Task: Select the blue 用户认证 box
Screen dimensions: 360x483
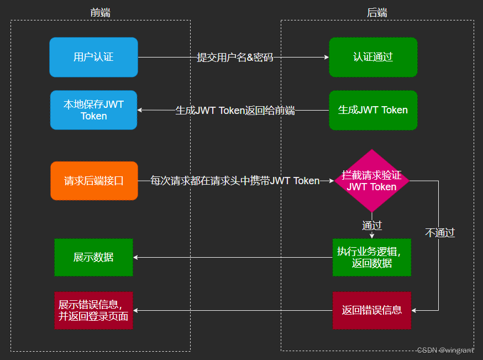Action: pos(93,57)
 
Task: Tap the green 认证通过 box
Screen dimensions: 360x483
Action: pos(373,57)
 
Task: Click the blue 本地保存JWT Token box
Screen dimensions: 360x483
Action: pos(93,110)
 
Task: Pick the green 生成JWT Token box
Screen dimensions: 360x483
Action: pos(373,110)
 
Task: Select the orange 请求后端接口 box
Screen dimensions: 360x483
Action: pos(93,181)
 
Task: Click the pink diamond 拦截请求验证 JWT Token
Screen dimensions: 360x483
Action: pos(372,181)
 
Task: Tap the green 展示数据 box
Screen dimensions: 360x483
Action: pos(93,257)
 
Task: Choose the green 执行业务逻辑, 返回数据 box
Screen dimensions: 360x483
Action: pos(371,257)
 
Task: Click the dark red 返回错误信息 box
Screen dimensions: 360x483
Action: pos(371,310)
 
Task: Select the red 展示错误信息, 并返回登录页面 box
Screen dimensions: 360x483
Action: pos(93,310)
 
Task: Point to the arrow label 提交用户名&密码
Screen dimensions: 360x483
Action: pos(235,58)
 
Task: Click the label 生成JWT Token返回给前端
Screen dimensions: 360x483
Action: pos(235,111)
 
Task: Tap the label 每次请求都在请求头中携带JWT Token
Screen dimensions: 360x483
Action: pos(235,181)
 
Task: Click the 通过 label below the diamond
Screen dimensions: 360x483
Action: pos(372,226)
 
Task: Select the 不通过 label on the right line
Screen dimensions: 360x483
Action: pos(440,233)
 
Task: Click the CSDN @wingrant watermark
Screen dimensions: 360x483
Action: pos(445,350)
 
